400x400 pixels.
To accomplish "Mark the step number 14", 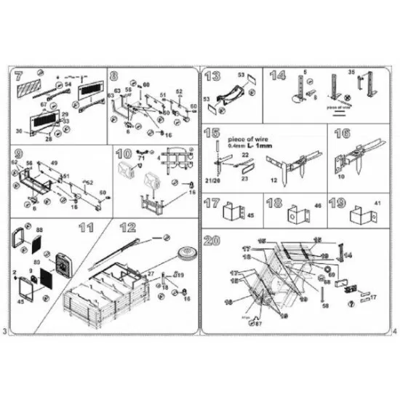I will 277,75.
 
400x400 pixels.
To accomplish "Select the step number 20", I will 214,241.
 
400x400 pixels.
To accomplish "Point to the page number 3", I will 6,332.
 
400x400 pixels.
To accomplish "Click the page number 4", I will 393,332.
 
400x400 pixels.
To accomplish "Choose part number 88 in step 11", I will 39,231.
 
